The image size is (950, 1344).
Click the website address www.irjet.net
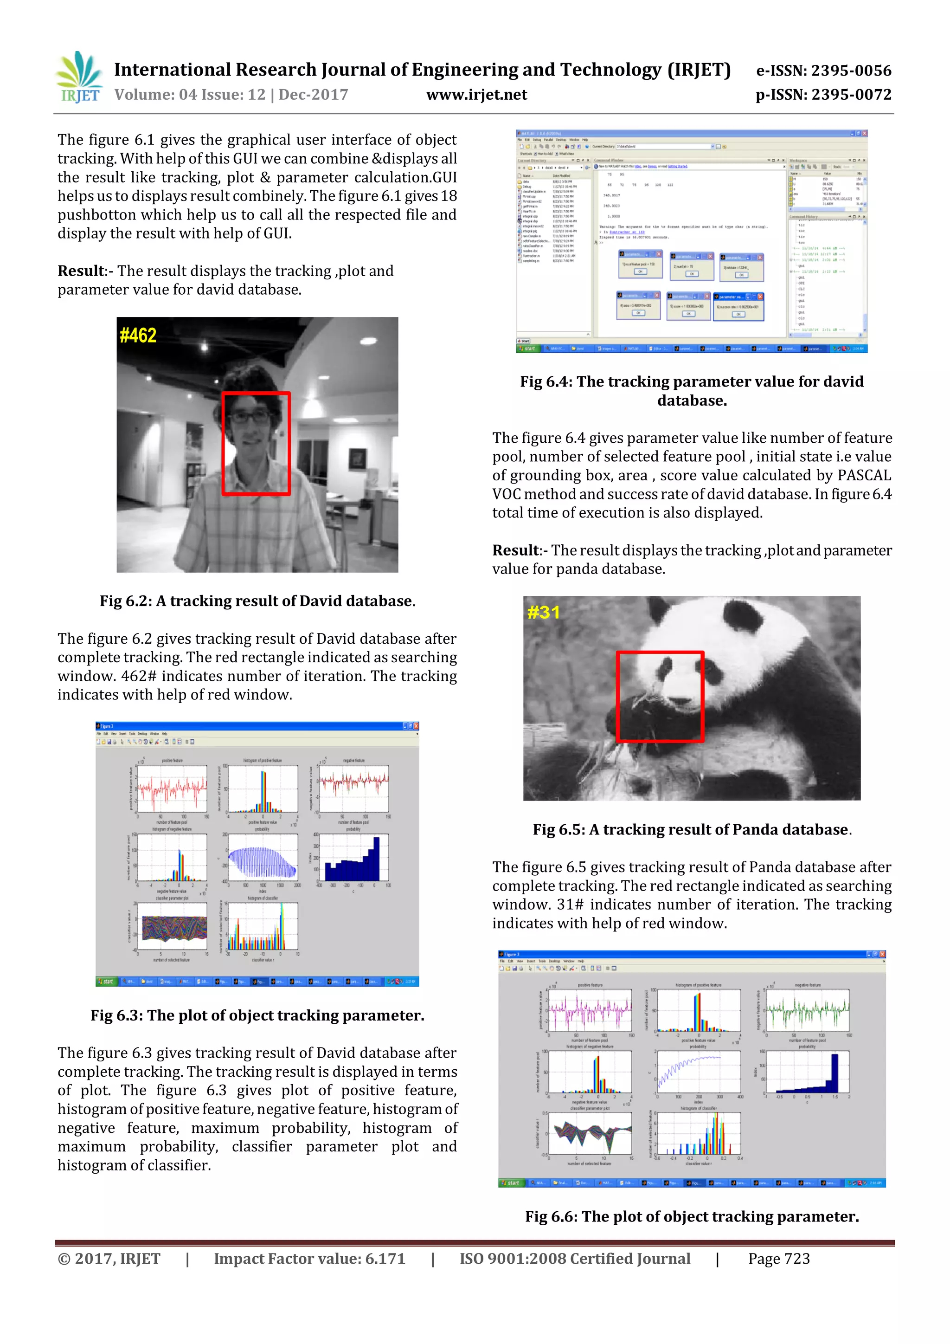click(476, 95)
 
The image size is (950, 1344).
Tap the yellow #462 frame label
click(138, 336)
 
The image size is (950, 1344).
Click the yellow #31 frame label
click(544, 612)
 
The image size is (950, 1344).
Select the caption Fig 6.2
click(257, 601)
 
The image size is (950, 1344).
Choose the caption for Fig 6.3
click(257, 1015)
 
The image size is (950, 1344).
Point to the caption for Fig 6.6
click(692, 1217)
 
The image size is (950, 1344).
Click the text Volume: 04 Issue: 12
click(190, 95)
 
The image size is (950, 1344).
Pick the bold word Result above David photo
click(80, 271)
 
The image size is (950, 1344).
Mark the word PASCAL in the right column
click(864, 475)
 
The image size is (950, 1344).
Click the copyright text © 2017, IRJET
click(109, 1259)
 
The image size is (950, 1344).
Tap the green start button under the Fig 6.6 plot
click(511, 1183)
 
